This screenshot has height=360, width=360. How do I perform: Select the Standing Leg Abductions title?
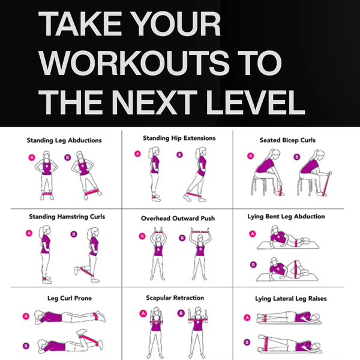pos(64,141)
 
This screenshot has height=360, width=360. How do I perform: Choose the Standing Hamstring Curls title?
pos(65,216)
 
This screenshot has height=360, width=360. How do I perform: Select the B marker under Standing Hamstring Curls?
pos(74,234)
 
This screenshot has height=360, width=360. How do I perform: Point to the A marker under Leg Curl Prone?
pos(26,315)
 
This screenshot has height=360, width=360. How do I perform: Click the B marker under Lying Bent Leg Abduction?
pos(253,262)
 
